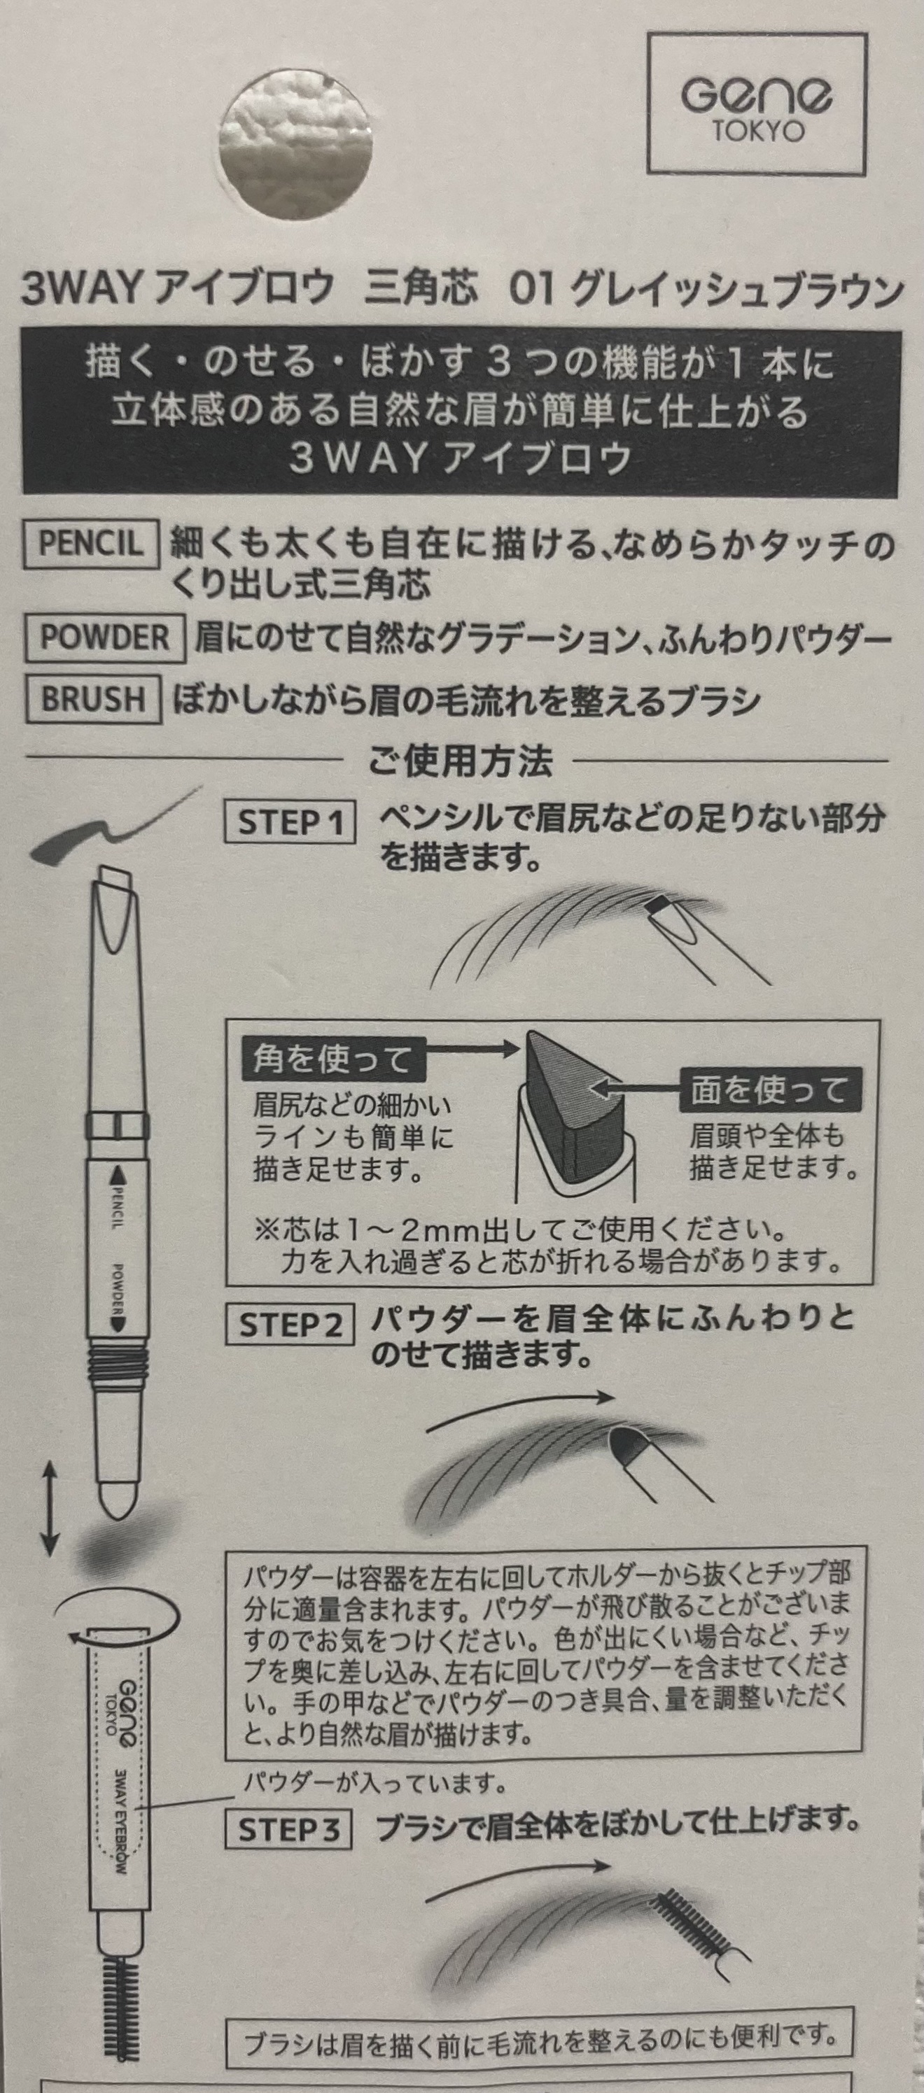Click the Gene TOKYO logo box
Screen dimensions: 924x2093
click(757, 103)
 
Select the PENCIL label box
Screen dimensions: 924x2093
click(90, 543)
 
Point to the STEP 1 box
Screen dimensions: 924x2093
click(289, 822)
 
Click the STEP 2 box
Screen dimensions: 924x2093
click(289, 1325)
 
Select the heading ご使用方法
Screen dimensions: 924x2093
click(460, 761)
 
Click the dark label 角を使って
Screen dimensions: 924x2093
click(333, 1059)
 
